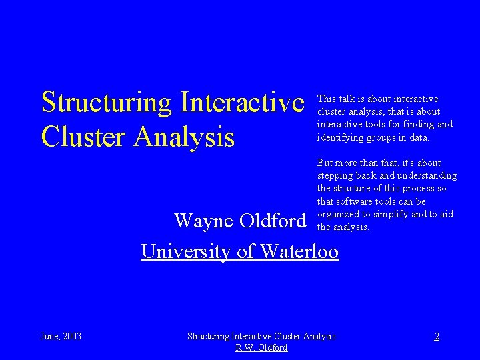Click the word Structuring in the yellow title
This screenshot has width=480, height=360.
click(x=105, y=103)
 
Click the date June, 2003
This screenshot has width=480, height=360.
click(x=61, y=336)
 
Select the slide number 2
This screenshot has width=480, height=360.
click(x=437, y=336)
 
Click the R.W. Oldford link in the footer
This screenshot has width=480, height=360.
click(x=261, y=347)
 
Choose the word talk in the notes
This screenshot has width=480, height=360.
click(x=347, y=99)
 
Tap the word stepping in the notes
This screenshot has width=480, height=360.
click(x=335, y=176)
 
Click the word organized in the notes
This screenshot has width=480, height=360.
click(x=339, y=214)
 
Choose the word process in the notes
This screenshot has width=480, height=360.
click(x=418, y=189)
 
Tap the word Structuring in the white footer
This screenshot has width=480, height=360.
click(x=209, y=336)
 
